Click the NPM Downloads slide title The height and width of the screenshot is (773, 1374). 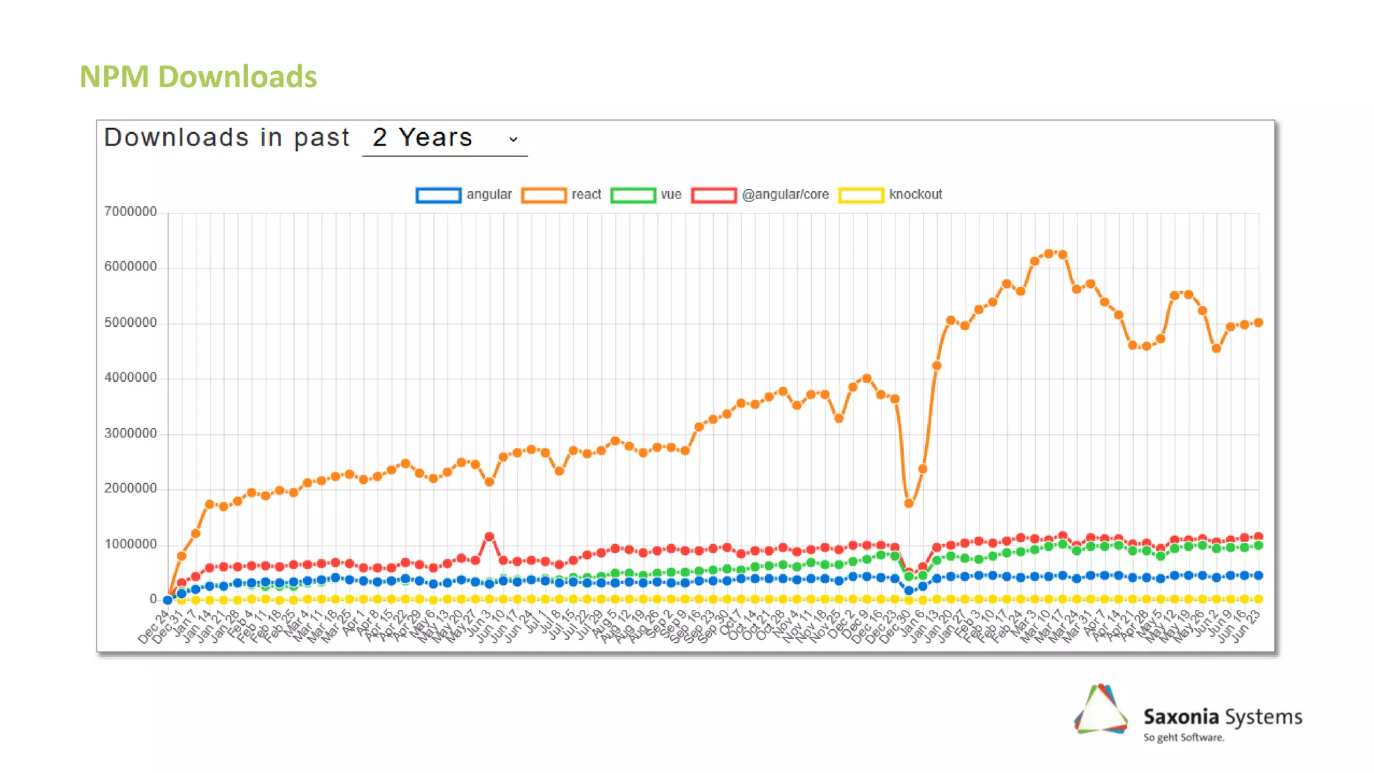pos(198,76)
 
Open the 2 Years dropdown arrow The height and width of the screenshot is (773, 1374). pos(513,139)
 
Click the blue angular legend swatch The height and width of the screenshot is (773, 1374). pos(438,195)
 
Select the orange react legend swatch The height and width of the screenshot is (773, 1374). pos(543,195)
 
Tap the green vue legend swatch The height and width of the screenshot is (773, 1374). pos(633,195)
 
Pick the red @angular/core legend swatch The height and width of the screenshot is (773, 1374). pos(714,195)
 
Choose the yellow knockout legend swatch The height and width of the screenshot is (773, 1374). pos(861,195)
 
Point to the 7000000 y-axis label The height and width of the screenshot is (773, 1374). pos(130,211)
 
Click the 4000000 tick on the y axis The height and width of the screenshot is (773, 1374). pos(130,377)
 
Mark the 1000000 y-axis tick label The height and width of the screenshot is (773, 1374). pos(130,544)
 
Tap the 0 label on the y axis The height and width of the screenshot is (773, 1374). pos(153,599)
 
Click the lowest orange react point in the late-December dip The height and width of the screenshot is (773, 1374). pos(909,503)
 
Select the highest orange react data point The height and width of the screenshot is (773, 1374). pos(1049,254)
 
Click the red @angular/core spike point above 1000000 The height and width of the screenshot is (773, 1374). pos(489,537)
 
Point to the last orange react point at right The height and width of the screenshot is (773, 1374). pos(1259,323)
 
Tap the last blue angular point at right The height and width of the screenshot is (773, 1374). pos(1259,575)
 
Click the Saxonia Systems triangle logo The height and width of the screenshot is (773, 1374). pos(1101,710)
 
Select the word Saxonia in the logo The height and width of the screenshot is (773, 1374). pos(1181,717)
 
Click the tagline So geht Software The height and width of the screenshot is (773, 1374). pos(1183,737)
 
